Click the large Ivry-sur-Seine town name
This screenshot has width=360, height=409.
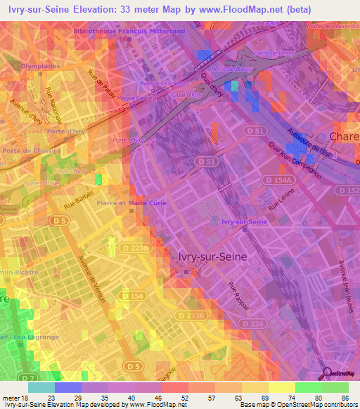pyautogui.click(x=210, y=257)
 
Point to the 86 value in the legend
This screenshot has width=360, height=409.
pyautogui.click(x=345, y=397)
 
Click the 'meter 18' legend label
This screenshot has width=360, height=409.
pyautogui.click(x=15, y=397)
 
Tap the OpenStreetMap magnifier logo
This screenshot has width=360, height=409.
pyautogui.click(x=327, y=373)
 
